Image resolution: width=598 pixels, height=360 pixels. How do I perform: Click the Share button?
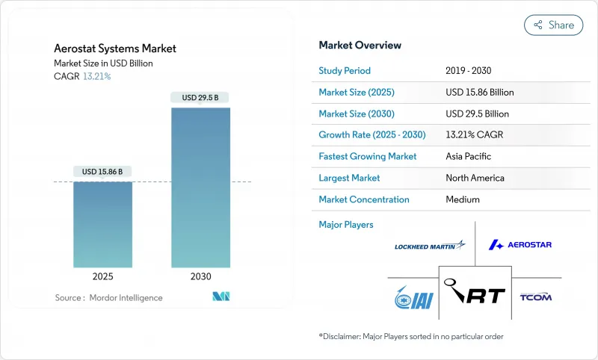(553, 25)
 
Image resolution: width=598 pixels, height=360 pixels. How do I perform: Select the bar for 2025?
(102, 224)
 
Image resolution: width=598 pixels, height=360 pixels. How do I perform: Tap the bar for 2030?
(201, 187)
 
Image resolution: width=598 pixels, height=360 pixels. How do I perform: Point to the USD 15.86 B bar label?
(102, 172)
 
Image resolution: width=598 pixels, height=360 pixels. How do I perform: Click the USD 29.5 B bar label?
(201, 98)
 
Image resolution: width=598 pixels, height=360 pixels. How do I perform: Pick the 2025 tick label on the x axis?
(102, 276)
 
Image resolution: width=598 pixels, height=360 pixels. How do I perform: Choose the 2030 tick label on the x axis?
(201, 276)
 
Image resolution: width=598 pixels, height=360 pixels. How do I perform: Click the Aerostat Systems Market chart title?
(116, 49)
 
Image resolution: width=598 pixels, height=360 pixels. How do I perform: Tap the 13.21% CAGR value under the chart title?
(96, 76)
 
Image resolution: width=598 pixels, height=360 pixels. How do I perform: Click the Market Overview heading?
(360, 46)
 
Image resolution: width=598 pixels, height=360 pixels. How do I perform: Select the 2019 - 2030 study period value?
(469, 71)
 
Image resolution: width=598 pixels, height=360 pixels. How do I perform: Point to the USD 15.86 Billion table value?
(479, 93)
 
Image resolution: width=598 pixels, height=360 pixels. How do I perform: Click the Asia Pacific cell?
(469, 157)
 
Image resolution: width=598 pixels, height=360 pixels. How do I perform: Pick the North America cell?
(474, 178)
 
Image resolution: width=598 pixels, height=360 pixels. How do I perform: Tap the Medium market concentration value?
(462, 199)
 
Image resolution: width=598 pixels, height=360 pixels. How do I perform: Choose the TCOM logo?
(535, 297)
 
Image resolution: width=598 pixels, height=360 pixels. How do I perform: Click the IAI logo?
(407, 297)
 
